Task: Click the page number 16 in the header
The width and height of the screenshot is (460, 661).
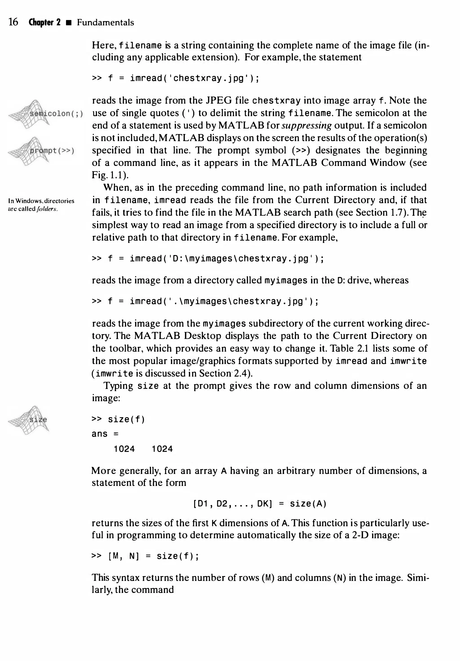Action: click(x=13, y=22)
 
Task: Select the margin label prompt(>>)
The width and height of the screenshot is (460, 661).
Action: click(x=52, y=151)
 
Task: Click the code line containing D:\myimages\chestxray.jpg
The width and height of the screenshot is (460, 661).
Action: click(x=208, y=259)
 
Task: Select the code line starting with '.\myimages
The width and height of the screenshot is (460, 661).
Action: click(x=205, y=301)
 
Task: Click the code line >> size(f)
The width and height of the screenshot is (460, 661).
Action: click(x=118, y=420)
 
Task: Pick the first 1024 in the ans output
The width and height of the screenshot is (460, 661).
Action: click(x=124, y=449)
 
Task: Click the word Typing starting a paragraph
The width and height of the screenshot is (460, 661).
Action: click(x=118, y=386)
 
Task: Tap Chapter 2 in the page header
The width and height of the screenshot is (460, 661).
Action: click(x=44, y=22)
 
